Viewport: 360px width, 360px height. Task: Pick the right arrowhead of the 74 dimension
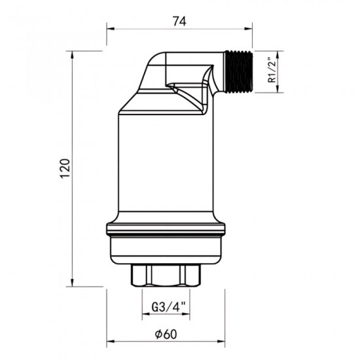[251, 29]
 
